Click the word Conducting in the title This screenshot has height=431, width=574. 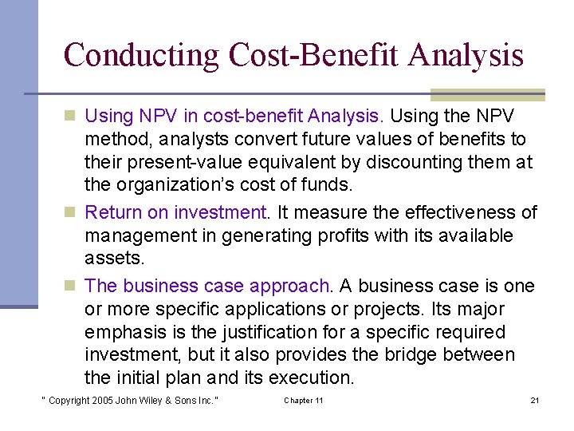click(140, 55)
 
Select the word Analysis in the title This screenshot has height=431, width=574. click(466, 55)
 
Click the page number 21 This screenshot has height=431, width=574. click(534, 400)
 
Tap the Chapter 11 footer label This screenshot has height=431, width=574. click(304, 400)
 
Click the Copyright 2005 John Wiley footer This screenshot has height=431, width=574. click(130, 400)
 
